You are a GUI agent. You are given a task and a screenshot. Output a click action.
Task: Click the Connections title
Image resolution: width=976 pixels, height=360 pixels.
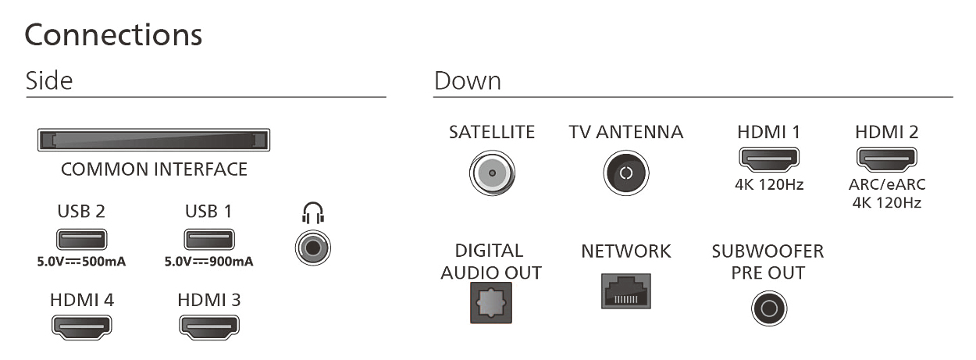[x=114, y=35]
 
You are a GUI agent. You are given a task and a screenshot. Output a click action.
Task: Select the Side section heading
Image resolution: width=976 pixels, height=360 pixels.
[x=49, y=80]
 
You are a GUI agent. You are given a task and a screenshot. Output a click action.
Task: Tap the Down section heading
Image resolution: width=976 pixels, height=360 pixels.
[x=467, y=80]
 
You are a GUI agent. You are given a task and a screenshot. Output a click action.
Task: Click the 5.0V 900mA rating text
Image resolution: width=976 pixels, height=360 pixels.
[x=208, y=262]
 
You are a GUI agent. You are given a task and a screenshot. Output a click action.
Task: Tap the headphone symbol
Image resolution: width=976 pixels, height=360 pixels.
[x=313, y=212]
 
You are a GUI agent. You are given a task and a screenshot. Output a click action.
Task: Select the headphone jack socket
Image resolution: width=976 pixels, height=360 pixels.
[x=313, y=248]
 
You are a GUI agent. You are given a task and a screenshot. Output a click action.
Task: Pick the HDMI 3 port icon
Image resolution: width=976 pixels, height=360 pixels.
[x=208, y=326]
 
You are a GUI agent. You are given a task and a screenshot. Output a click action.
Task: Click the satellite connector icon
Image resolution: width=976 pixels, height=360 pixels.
[x=491, y=172]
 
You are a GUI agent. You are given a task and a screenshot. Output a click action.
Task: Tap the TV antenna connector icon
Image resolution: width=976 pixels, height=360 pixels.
[x=625, y=172]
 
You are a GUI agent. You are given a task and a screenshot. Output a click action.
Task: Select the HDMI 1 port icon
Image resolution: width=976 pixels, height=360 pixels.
[x=768, y=159]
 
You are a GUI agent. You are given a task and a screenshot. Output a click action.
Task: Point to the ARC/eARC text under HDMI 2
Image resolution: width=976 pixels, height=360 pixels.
[x=887, y=187]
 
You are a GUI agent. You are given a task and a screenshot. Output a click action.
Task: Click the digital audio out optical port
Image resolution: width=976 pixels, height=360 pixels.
[x=491, y=301]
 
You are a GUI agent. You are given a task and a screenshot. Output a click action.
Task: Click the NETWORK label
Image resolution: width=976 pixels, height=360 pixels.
[x=625, y=251]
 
